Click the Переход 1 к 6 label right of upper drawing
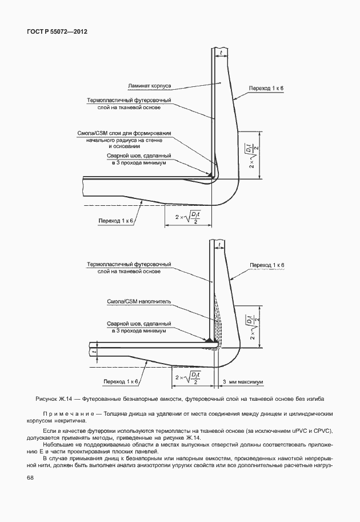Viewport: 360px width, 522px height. [266, 89]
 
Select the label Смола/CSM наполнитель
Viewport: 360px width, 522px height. [139, 301]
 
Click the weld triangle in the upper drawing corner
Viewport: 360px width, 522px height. [211, 173]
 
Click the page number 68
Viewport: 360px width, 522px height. [29, 477]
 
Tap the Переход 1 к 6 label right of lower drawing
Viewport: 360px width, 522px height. [266, 265]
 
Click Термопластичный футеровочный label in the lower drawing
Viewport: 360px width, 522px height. [129, 265]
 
